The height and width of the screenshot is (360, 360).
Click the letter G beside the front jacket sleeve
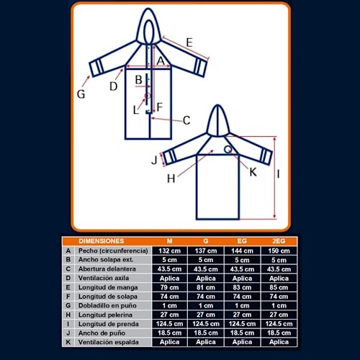coord(81,93)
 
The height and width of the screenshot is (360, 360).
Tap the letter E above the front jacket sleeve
coord(189,43)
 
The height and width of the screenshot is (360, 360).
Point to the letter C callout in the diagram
coord(186,120)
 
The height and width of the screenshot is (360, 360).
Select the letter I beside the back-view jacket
coord(279,174)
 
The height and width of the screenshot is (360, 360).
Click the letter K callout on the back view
coord(253,172)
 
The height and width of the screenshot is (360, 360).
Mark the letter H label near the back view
coord(171,179)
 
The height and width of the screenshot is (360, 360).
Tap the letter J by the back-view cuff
coord(154,160)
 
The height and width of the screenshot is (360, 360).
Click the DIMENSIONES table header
coord(101,240)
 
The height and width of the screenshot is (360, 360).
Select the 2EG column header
coord(279,240)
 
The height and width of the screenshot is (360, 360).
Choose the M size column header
coord(169,240)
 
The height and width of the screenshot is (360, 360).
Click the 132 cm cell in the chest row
coord(169,250)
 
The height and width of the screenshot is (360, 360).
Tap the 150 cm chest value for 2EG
coord(279,250)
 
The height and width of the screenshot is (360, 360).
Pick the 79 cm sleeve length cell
coord(169,287)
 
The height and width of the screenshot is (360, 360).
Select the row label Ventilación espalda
coord(112,343)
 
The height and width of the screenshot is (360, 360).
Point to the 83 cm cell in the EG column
coord(242,287)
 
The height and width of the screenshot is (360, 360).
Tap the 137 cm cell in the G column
coord(206,250)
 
